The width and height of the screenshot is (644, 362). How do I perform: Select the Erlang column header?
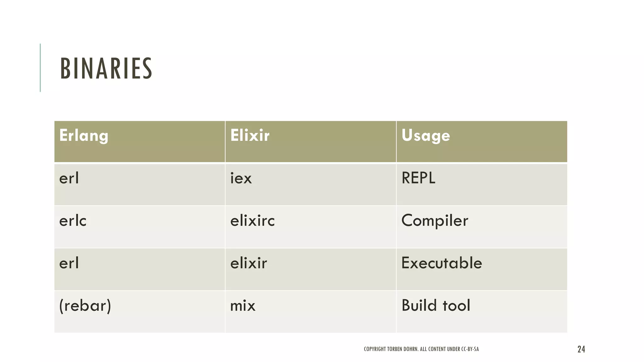tap(84, 136)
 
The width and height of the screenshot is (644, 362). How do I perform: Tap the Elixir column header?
tap(250, 136)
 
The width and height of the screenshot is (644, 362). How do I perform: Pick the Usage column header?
tap(425, 136)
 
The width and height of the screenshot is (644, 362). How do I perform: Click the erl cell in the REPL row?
tap(69, 178)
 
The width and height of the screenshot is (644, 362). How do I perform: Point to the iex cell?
tap(241, 178)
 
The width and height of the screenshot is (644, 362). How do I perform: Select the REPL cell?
tap(418, 178)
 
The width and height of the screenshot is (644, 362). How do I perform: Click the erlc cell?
tap(73, 221)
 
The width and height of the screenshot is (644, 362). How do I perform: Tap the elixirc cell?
tap(253, 221)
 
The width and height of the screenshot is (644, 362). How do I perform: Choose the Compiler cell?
tap(435, 221)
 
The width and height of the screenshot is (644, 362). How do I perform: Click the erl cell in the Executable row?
tap(69, 263)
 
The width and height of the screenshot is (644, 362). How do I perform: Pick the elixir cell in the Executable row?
tap(248, 263)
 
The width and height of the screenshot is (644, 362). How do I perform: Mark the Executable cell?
tap(441, 263)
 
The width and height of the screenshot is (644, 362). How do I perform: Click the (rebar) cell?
tap(85, 305)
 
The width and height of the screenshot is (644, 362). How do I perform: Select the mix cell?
tap(243, 305)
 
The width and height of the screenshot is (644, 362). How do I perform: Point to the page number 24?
tap(581, 349)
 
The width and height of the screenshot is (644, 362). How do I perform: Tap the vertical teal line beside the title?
tap(40, 68)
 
